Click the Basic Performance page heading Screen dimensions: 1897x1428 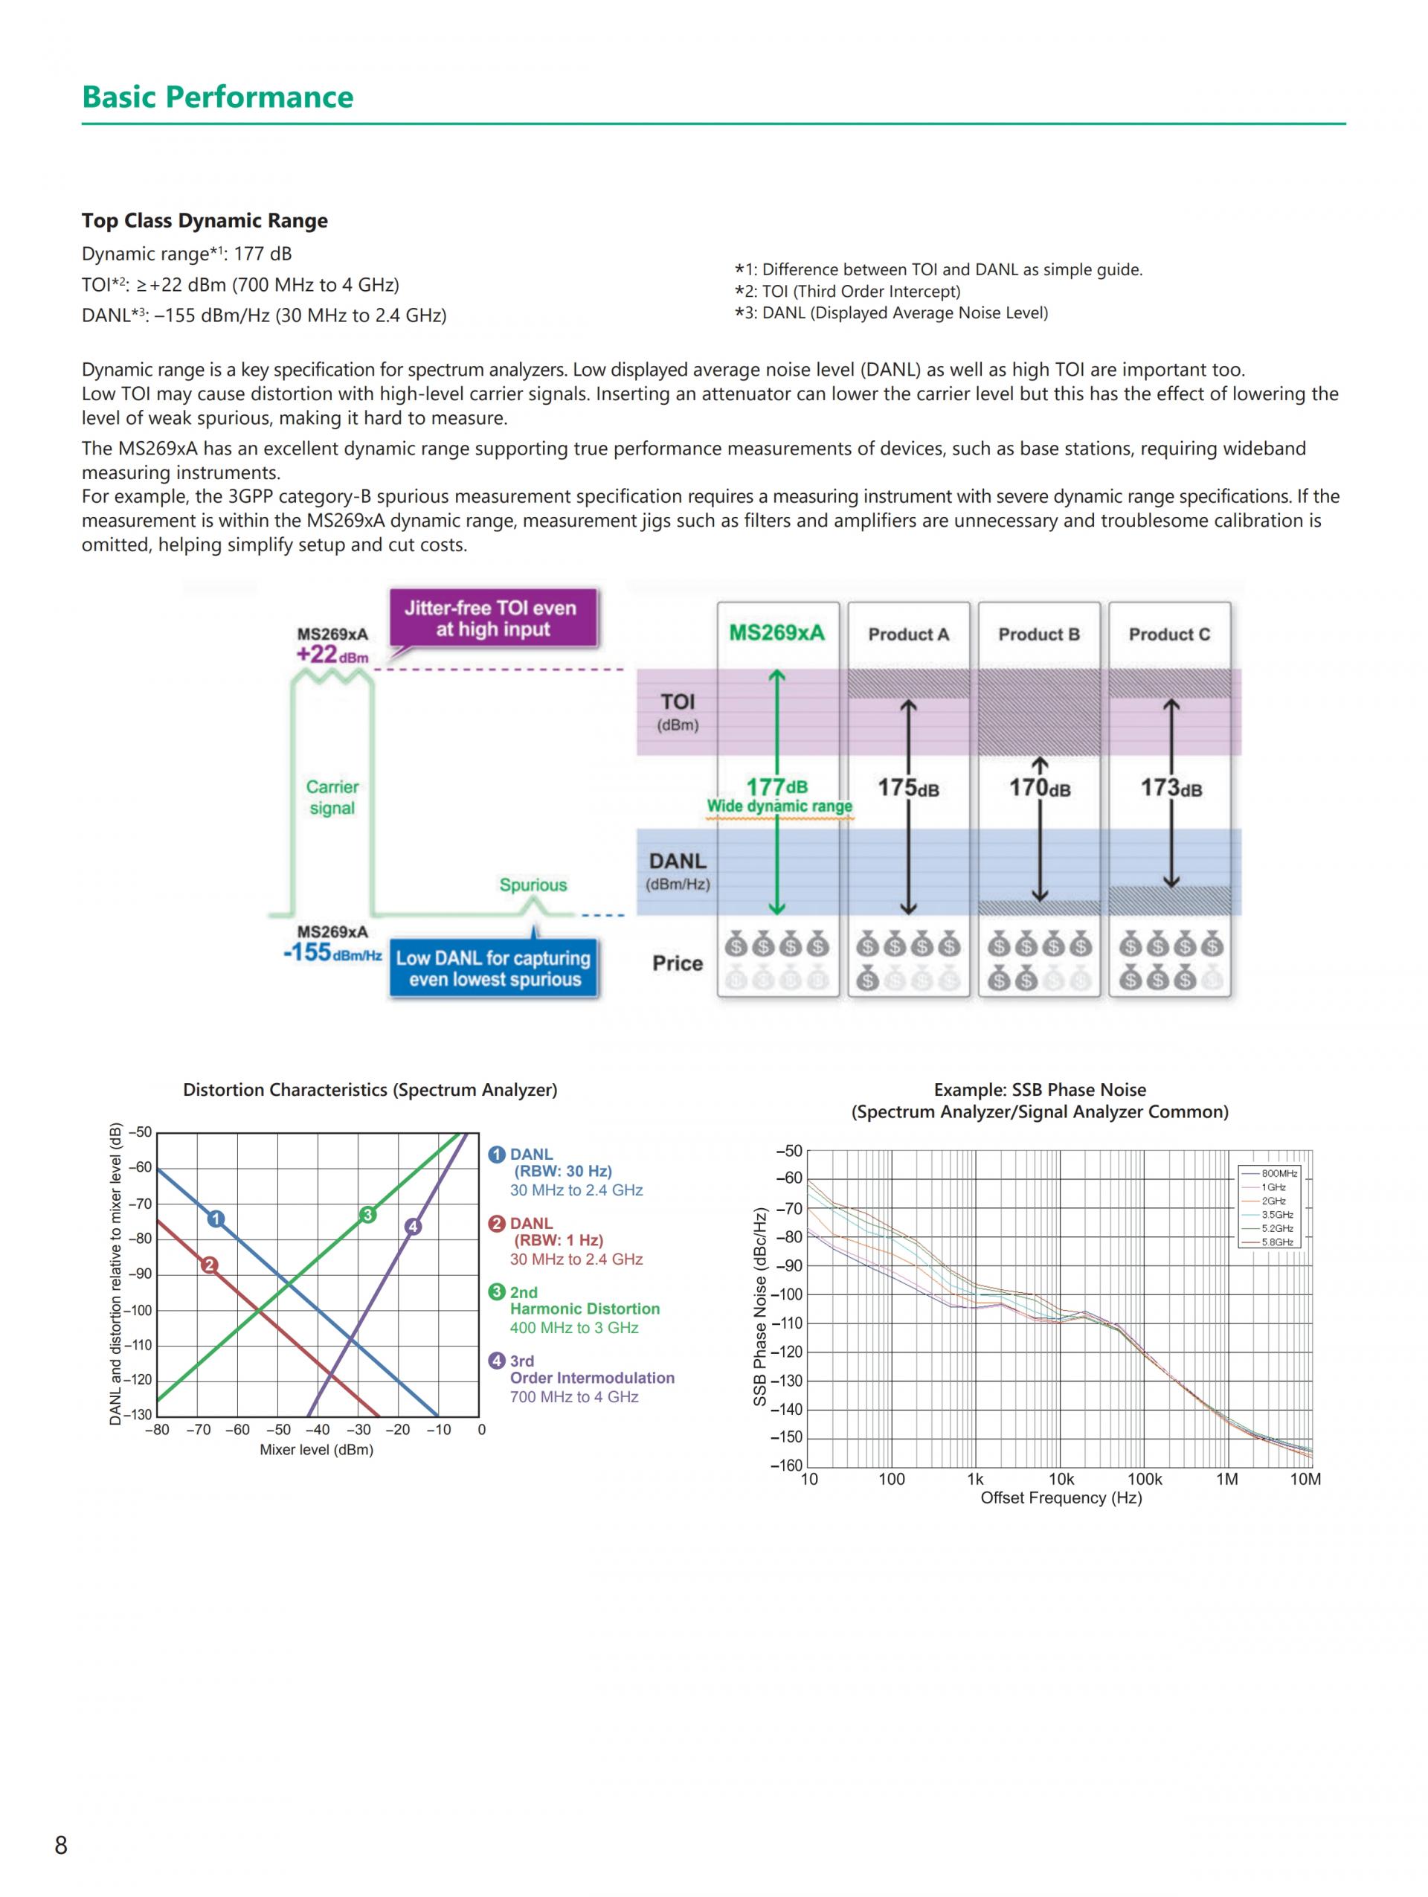tap(217, 97)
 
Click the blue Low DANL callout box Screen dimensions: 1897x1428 tap(493, 969)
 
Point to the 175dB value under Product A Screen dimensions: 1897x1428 tap(907, 787)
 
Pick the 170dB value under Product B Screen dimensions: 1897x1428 tap(1039, 787)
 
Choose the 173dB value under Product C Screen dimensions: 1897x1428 tap(1170, 787)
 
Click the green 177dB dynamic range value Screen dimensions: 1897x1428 tap(776, 786)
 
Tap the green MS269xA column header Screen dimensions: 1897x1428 tap(776, 633)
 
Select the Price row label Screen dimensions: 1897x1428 tap(677, 963)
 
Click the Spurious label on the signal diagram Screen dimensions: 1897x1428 tap(533, 885)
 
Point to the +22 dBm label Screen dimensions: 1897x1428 tap(332, 655)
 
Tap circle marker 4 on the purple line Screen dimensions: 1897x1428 tap(413, 1227)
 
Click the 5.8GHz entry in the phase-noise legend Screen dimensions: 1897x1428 tap(1276, 1242)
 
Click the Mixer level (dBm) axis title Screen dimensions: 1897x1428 tap(316, 1450)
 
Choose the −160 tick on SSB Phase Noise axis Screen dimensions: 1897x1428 tap(787, 1465)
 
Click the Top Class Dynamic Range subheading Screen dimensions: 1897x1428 tap(205, 220)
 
